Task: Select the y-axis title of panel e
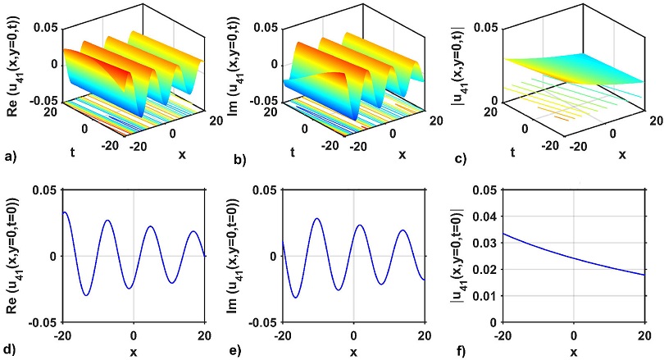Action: tap(237, 256)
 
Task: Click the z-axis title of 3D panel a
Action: tap(12, 64)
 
